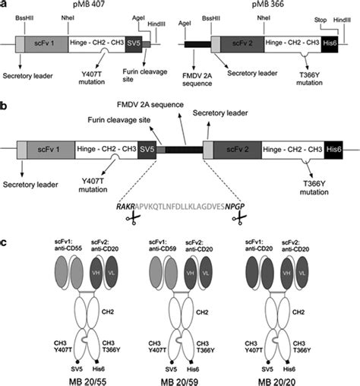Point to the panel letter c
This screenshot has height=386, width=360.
[6, 242]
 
